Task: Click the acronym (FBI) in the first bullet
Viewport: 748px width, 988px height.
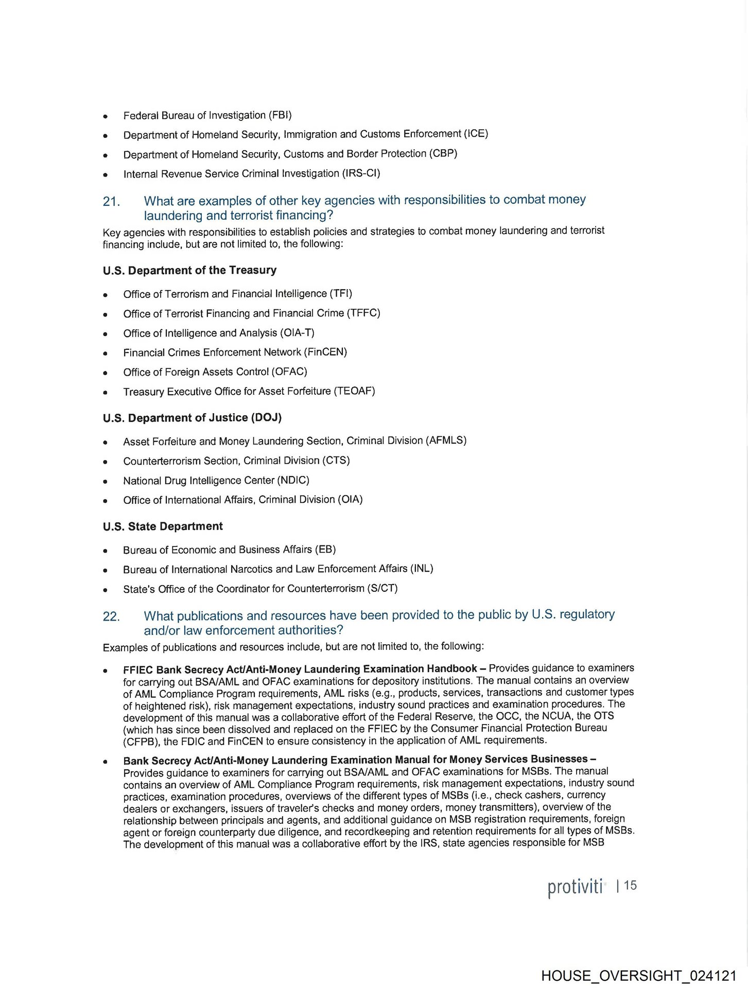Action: click(280, 115)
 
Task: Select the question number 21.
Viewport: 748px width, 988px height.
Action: click(111, 201)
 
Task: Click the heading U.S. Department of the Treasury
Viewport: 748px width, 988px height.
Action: click(189, 270)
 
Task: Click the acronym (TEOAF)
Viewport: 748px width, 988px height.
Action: click(354, 391)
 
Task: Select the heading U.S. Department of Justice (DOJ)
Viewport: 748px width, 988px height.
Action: click(192, 417)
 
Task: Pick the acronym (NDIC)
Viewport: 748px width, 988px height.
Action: click(293, 480)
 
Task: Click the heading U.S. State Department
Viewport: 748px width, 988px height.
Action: click(163, 526)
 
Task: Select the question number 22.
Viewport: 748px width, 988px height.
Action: click(111, 616)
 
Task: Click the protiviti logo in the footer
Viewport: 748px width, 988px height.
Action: click(575, 887)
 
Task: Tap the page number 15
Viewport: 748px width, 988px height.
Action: click(630, 886)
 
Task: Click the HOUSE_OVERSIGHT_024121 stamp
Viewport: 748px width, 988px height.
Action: click(638, 976)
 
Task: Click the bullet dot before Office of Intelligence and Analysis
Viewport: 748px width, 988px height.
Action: click(105, 334)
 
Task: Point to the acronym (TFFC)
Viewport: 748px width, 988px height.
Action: click(363, 313)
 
